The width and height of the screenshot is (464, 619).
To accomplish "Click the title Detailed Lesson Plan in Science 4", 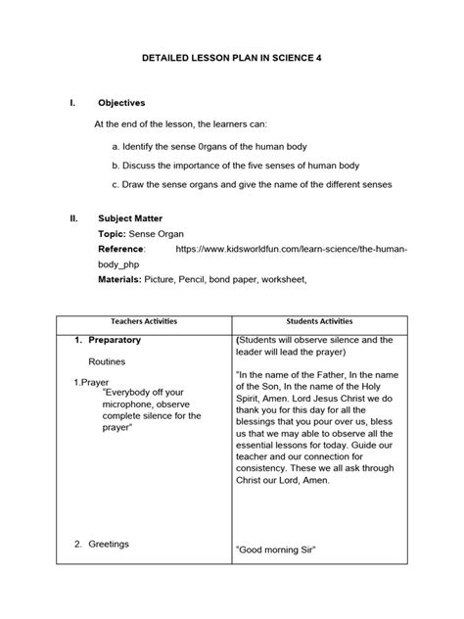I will (x=232, y=59).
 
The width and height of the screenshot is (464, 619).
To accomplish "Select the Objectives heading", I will (x=121, y=102).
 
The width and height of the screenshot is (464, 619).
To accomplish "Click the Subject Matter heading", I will (x=130, y=218).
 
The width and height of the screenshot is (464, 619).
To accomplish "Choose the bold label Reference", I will (x=127, y=251).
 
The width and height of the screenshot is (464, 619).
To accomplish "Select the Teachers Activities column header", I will (x=144, y=321).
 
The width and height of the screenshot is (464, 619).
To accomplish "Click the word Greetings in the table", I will (x=109, y=544).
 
